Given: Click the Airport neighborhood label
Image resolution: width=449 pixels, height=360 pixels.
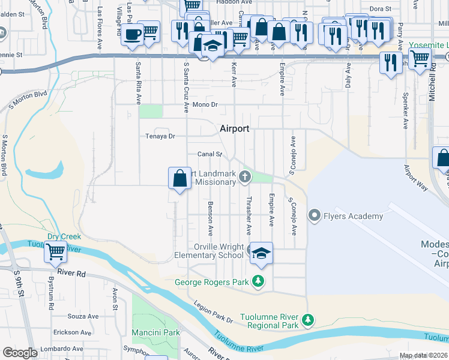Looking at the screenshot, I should click(234, 128).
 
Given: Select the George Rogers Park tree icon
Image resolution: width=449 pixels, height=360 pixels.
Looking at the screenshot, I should click(258, 280).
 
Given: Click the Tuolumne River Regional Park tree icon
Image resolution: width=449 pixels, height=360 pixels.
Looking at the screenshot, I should click(308, 319).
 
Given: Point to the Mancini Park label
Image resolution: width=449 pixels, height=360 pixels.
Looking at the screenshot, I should click(155, 332).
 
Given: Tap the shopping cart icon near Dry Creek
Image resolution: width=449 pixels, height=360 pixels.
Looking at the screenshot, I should click(55, 253).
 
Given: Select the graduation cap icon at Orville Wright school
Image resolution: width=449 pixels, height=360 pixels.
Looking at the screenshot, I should click(261, 253).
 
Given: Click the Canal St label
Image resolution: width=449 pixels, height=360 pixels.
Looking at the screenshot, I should click(210, 154).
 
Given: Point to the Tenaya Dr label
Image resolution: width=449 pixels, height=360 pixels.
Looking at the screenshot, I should click(160, 136).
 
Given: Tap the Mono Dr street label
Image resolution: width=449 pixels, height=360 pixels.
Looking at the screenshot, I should click(204, 104).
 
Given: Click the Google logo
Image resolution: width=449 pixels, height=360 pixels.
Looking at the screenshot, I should click(20, 353).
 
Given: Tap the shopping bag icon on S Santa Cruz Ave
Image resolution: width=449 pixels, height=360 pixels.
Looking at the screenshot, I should click(179, 178).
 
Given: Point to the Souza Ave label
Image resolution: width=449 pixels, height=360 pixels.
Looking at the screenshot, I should click(83, 316).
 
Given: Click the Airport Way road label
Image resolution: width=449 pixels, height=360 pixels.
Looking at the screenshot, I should click(415, 178).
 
